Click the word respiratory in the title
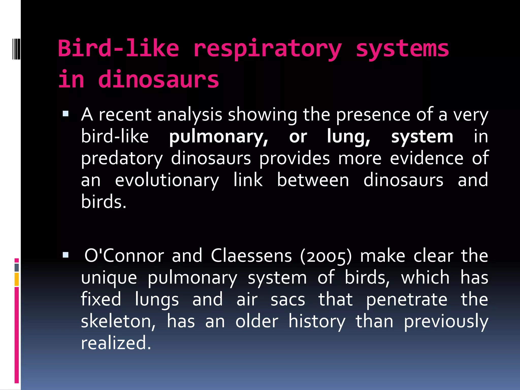click(x=267, y=49)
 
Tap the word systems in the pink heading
click(x=402, y=49)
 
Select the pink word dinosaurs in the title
click(x=158, y=80)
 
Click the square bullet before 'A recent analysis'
click(x=66, y=113)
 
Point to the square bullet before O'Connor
click(x=66, y=255)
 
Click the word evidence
click(x=427, y=158)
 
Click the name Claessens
click(x=251, y=256)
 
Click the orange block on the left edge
click(x=17, y=279)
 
